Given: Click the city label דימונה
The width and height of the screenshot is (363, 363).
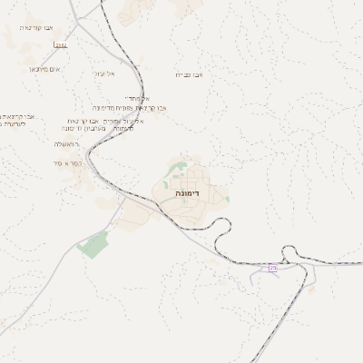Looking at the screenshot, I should [x=190, y=193].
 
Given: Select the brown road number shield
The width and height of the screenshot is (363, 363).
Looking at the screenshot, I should [x=61, y=44].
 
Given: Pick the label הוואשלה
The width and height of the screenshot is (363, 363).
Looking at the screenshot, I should [x=65, y=143].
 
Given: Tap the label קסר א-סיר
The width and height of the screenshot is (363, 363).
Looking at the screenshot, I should [x=68, y=163].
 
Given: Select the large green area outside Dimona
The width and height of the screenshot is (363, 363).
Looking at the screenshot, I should [x=93, y=243].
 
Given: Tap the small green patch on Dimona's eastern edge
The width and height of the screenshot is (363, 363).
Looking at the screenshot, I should [x=227, y=198].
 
